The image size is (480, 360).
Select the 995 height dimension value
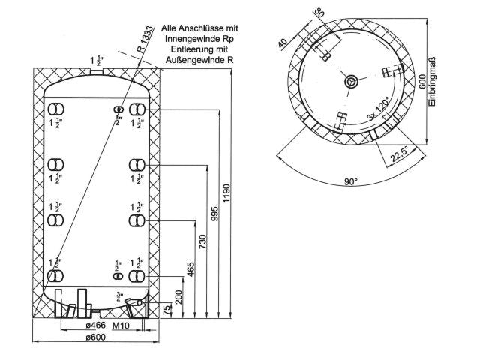click(215, 214)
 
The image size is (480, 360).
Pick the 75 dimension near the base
click(166, 310)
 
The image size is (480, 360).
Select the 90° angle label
click(351, 181)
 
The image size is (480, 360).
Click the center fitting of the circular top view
click(350, 81)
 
